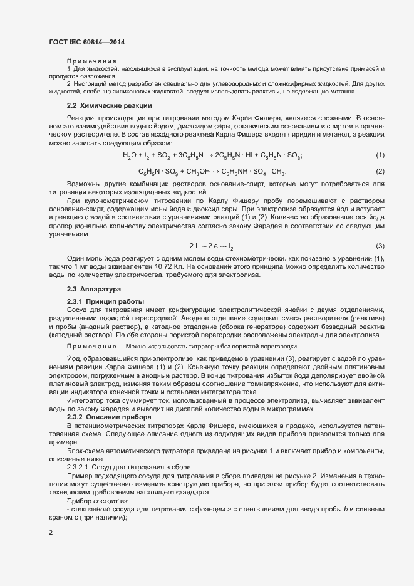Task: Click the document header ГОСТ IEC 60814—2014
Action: (x=91, y=42)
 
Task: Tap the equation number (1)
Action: (x=380, y=155)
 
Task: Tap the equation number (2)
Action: (x=380, y=172)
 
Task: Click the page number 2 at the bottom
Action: (x=51, y=533)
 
